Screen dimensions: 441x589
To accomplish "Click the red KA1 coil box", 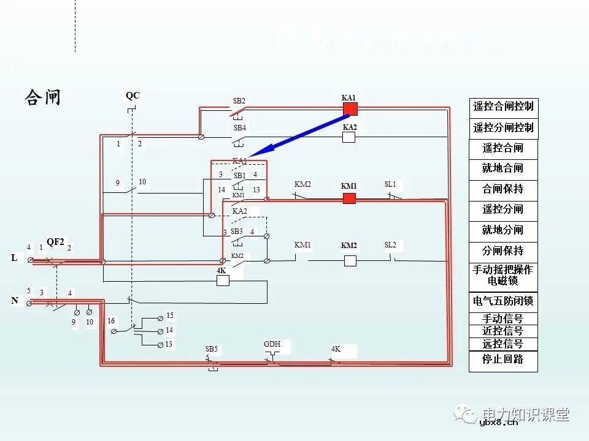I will tap(350, 109).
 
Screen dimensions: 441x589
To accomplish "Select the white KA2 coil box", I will tap(349, 137).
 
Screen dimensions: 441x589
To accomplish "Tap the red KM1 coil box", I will tap(349, 198).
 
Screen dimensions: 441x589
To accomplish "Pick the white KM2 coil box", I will tap(350, 260).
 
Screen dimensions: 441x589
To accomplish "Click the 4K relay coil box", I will tap(223, 280).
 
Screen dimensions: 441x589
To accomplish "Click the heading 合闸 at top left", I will tap(42, 97).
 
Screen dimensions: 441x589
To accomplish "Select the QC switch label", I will tap(133, 96).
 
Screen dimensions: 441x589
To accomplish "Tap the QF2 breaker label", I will tap(55, 242).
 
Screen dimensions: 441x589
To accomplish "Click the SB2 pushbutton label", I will tap(239, 100).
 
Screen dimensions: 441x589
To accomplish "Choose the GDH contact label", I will tap(272, 344).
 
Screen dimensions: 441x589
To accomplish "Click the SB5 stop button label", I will tap(212, 349).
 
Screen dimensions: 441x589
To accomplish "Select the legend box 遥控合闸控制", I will tap(503, 107).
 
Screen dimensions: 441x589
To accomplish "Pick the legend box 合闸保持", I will tap(503, 189).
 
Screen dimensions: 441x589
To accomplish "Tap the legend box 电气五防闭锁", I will tap(503, 301).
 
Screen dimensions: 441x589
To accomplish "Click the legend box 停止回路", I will tap(503, 360).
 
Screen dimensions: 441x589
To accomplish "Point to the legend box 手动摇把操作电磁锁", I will tap(503, 276).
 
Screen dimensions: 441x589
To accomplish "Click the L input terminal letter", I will tap(14, 258).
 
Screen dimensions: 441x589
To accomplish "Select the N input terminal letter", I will tap(14, 301).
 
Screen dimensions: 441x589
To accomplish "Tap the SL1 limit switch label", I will tap(390, 184).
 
